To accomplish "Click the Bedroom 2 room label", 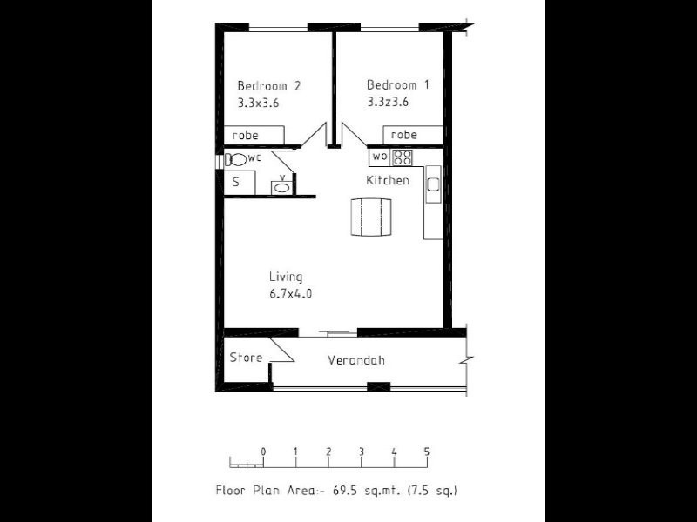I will pos(269,86).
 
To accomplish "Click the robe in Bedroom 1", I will pos(403,135).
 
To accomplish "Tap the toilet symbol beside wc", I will pos(236,159).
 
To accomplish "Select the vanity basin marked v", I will pos(282,184).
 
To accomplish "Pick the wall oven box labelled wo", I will pos(380,157).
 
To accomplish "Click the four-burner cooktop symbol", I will pos(402,157).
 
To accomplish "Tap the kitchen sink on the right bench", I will pos(432,184).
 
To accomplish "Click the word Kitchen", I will pos(387,181).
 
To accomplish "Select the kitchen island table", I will pos(370,217).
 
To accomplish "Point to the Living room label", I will pos(286,278).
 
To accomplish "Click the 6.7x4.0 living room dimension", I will pos(290,294).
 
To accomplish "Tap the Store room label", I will pos(246,358).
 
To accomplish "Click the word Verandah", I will pos(356,361).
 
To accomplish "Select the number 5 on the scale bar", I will pos(427,452).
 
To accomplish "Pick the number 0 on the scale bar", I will pos(263,452).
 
